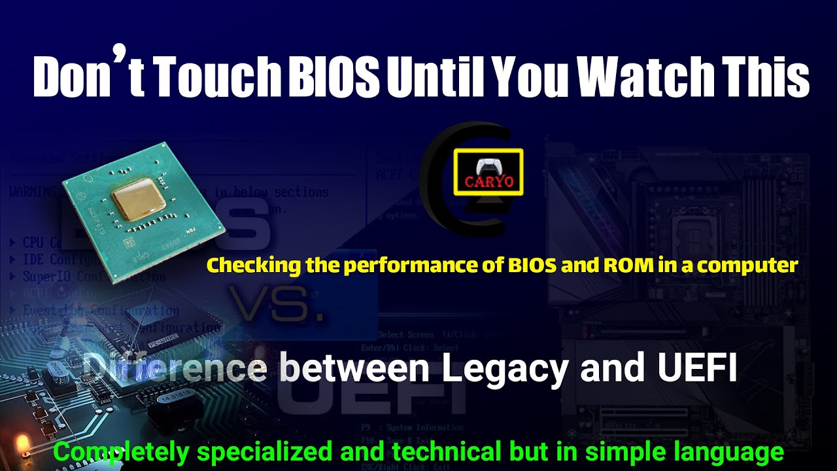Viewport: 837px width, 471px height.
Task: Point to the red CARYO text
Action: tap(489, 182)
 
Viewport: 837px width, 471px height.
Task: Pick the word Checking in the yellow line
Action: tap(244, 266)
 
